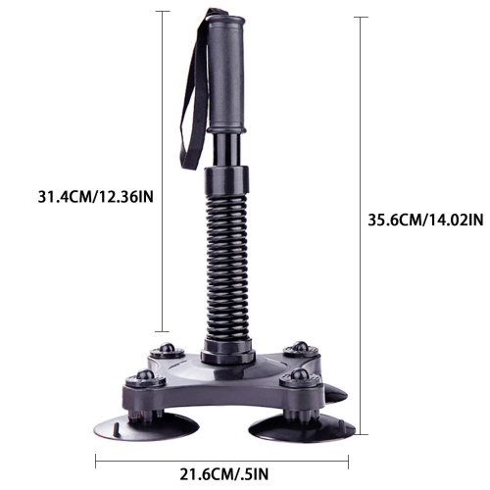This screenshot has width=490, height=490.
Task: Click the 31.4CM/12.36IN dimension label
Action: click(x=96, y=197)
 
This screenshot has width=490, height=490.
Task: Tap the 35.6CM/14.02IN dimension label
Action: click(x=425, y=220)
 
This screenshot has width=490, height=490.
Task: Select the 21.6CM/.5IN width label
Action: click(x=224, y=474)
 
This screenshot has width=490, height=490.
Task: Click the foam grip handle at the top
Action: click(x=226, y=73)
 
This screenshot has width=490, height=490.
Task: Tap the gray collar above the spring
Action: click(x=227, y=180)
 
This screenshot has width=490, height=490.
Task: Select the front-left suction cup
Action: click(x=146, y=425)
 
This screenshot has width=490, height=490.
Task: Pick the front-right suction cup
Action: click(x=302, y=428)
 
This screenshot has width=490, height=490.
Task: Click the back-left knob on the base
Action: click(x=168, y=350)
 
